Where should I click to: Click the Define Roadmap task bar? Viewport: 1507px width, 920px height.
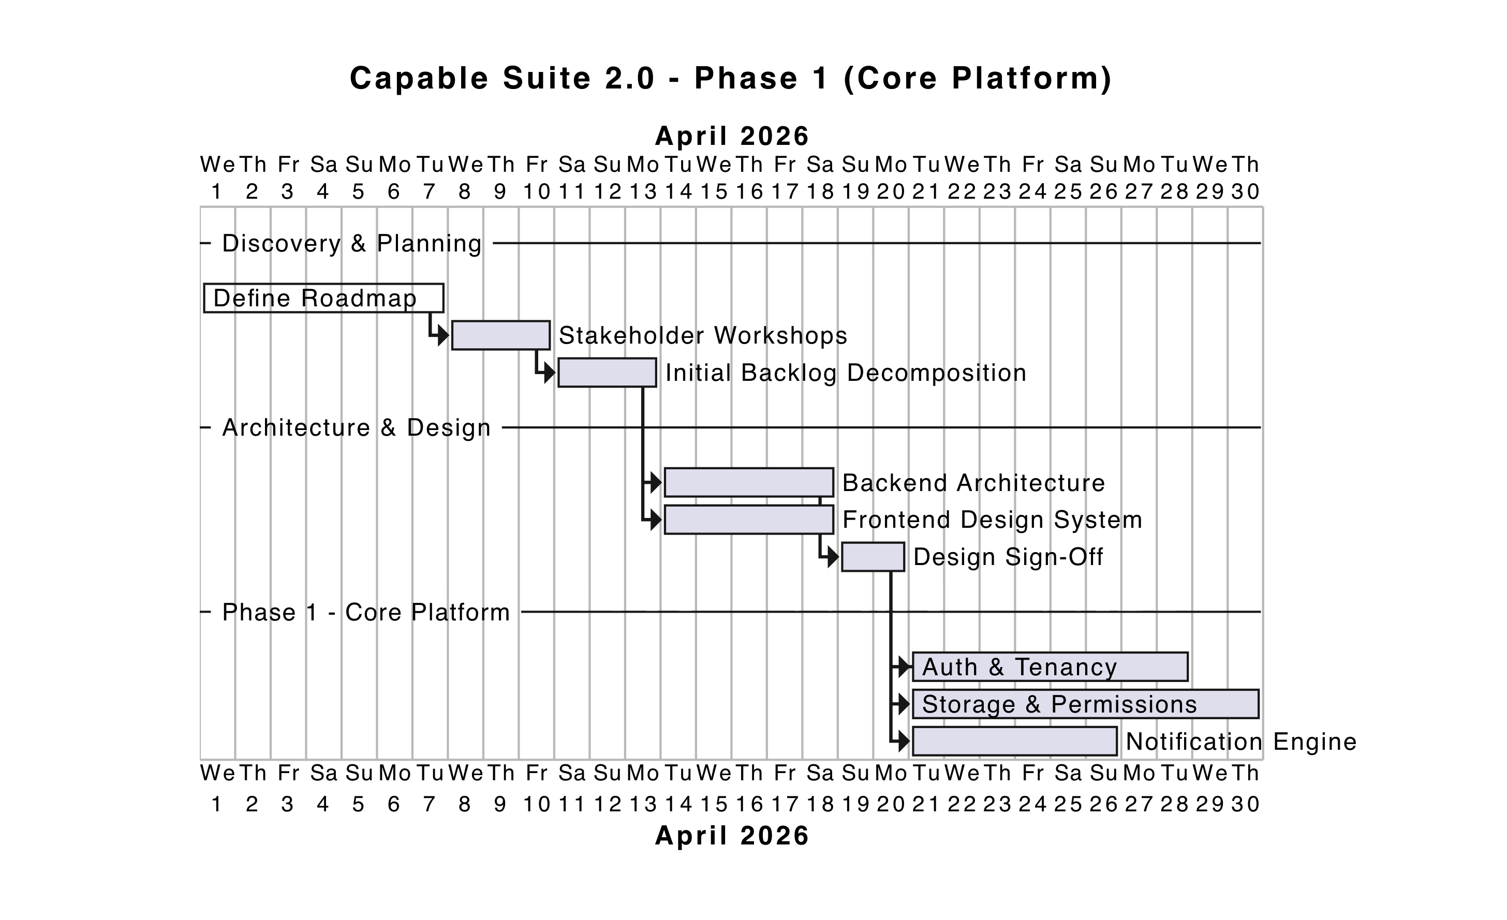pyautogui.click(x=323, y=299)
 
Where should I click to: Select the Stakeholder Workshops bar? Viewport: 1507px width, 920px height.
pyautogui.click(x=501, y=335)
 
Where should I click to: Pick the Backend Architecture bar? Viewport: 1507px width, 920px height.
pyautogui.click(x=749, y=483)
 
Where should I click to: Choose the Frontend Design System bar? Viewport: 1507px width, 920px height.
pyautogui.click(x=749, y=520)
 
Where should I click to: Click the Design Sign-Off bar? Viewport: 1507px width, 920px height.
pyautogui.click(x=873, y=557)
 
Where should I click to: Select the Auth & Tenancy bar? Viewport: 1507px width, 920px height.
pyautogui.click(x=1050, y=667)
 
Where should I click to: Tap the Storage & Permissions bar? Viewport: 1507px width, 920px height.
pyautogui.click(x=1086, y=704)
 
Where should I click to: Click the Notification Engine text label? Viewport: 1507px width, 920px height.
pyautogui.click(x=1241, y=741)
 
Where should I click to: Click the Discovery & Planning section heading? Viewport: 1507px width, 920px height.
pyautogui.click(x=352, y=244)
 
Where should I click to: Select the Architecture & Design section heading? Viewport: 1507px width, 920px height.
pyautogui.click(x=357, y=427)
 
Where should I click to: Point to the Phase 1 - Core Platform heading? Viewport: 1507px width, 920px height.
pyautogui.click(x=366, y=612)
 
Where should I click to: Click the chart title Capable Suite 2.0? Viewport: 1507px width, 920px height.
pyautogui.click(x=731, y=78)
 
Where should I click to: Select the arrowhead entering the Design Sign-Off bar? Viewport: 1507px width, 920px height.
pyautogui.click(x=834, y=557)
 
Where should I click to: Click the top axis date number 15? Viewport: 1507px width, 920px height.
pyautogui.click(x=714, y=192)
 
